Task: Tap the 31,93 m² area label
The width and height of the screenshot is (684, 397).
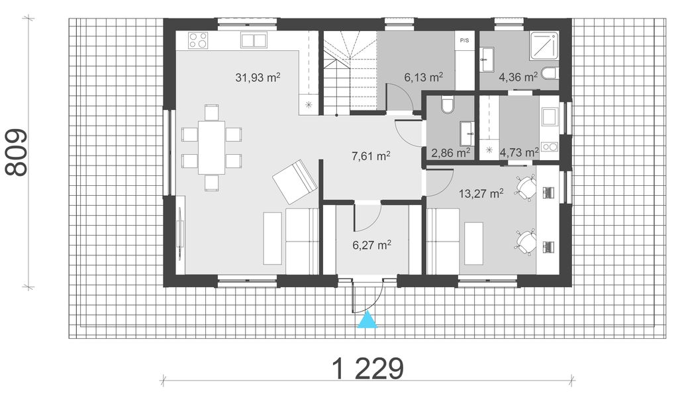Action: (258, 77)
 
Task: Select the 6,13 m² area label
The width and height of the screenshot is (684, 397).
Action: (424, 77)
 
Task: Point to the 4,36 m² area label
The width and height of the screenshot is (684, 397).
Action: (518, 77)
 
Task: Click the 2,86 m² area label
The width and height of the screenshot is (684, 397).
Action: (451, 153)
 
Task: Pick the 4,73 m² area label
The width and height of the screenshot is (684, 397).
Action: (519, 153)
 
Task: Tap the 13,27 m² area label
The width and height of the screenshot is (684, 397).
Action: (481, 193)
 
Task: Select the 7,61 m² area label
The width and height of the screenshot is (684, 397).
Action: (371, 156)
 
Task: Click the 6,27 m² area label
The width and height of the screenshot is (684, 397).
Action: (371, 245)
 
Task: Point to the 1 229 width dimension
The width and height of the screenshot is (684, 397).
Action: (368, 369)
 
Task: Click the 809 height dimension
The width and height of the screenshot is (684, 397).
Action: (16, 152)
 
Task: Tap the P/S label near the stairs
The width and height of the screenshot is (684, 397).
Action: (464, 40)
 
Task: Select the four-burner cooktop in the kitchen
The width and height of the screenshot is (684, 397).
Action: (198, 40)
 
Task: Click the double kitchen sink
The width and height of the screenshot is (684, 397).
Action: (254, 40)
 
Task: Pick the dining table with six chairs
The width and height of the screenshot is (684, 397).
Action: (211, 148)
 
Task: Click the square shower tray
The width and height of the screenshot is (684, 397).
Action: (544, 45)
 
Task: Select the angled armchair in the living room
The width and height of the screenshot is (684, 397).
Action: (295, 182)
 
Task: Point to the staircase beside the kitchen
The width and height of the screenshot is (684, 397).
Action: (350, 73)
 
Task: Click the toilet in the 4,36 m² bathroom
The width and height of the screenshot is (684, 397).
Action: (550, 74)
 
